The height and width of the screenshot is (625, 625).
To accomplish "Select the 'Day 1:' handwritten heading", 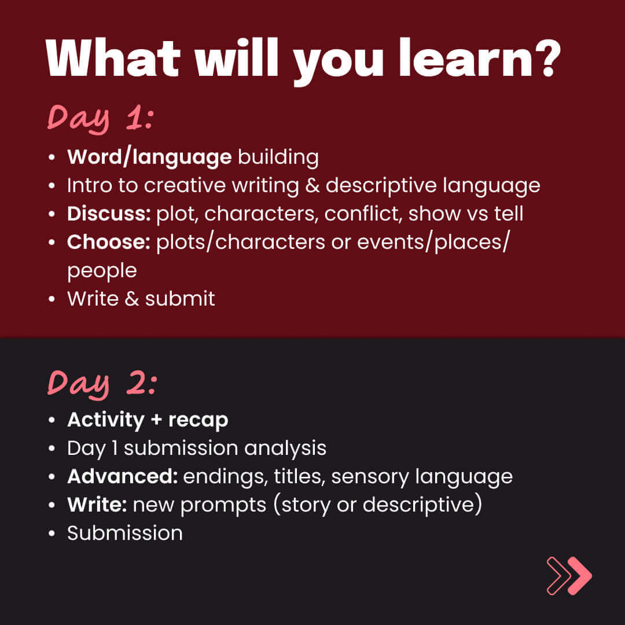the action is coord(101,119).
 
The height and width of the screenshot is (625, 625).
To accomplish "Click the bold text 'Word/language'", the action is coord(149,157).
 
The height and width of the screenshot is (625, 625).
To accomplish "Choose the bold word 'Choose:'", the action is coord(108,242).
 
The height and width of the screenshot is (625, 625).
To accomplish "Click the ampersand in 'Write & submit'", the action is coord(131,299).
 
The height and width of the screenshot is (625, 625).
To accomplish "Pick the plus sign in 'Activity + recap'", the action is coord(156,420).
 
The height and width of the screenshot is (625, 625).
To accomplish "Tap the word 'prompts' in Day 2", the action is coord(223,505).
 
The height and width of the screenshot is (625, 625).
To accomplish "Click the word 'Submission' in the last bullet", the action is coord(125,533).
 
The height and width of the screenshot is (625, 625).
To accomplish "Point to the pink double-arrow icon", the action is coord(569,576).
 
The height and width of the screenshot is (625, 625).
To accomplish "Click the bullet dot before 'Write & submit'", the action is coord(52,299).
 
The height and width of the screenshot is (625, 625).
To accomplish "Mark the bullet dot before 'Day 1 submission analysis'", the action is coord(52,448).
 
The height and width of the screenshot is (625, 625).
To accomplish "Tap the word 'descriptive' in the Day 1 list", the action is coord(381,186).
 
